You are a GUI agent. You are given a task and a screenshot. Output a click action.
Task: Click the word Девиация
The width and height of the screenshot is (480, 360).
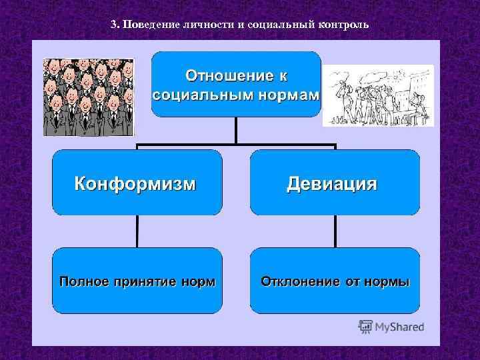coord(332,183)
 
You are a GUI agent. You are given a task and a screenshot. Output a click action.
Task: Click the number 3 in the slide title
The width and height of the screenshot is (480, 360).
coord(113,25)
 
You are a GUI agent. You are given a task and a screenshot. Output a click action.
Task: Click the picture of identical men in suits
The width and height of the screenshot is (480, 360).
coord(88,97)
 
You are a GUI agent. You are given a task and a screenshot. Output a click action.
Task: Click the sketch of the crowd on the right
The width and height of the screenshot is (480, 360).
coord(378,95)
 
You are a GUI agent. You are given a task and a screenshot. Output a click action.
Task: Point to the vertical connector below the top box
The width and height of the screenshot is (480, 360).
coord(236,130)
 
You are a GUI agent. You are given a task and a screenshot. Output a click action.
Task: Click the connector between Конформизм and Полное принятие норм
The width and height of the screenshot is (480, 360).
coord(137,231)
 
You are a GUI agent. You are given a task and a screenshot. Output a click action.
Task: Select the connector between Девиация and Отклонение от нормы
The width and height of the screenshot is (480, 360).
coord(335,231)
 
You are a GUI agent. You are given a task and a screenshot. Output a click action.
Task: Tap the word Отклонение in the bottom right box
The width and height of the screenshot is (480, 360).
coord(299,281)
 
